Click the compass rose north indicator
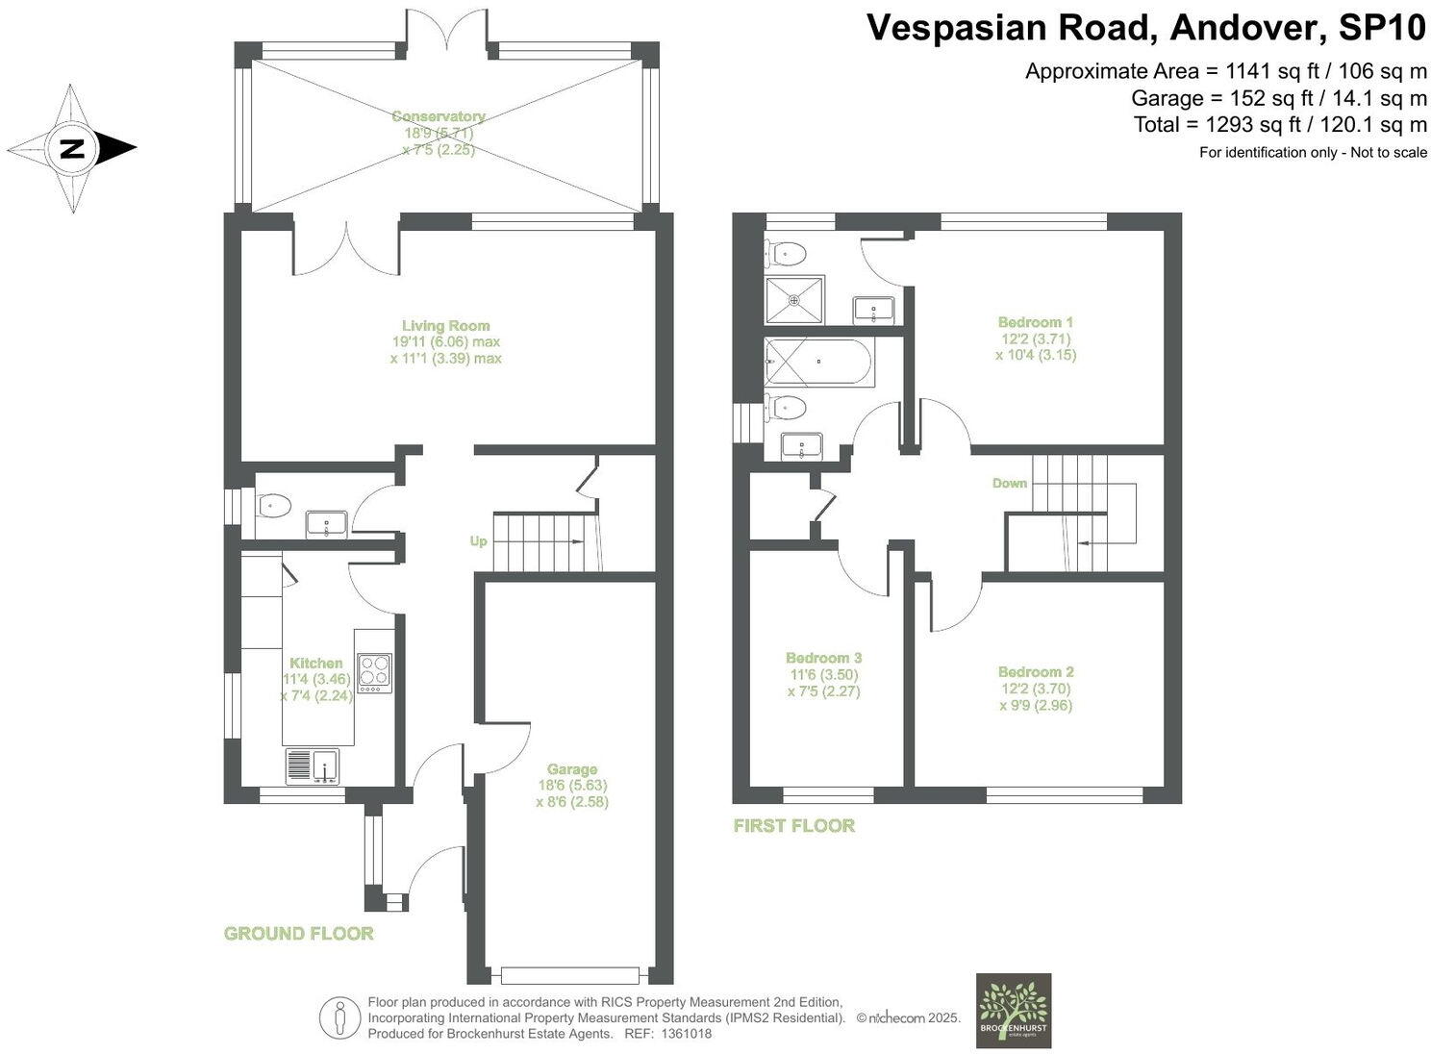tap(72, 148)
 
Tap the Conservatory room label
tap(439, 116)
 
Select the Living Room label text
tap(445, 326)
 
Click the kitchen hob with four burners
tap(374, 672)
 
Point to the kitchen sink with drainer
tap(313, 766)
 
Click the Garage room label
tap(572, 769)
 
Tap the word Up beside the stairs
tap(478, 541)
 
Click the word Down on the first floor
tap(1010, 483)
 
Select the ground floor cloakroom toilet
tap(273, 505)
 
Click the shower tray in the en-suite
tap(794, 300)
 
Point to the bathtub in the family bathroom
tap(818, 363)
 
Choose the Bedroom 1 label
tap(1036, 322)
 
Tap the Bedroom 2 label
tap(1036, 672)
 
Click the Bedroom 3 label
tap(823, 658)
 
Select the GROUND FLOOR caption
tap(298, 933)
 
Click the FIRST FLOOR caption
tap(793, 825)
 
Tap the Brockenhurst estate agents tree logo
tap(1013, 1010)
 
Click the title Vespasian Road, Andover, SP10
tap(1145, 28)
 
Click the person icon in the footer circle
tap(339, 1017)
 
